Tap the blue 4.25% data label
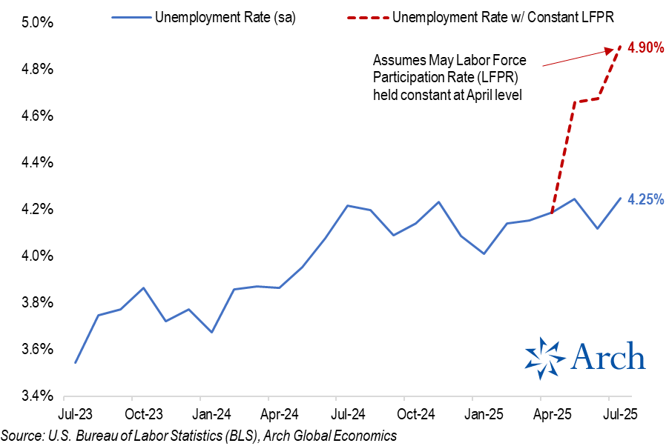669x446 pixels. [x=646, y=199]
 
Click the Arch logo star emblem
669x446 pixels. [x=544, y=357]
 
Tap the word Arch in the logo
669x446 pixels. [x=607, y=356]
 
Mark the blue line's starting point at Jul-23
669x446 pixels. [x=75, y=362]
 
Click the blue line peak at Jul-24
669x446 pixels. [x=347, y=205]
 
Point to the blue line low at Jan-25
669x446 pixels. [x=484, y=253]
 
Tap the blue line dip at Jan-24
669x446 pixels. [x=211, y=332]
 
